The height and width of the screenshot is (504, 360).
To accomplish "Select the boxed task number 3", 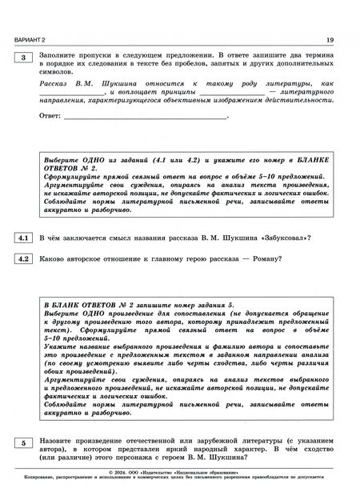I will point(24,58).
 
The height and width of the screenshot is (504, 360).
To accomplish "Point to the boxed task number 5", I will point(24,442).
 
